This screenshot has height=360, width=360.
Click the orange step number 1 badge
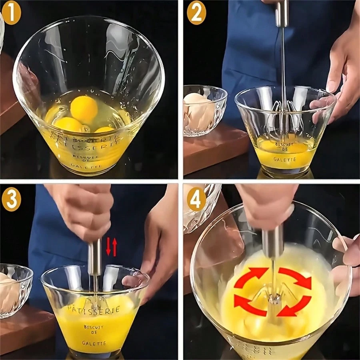pyautogui.click(x=12, y=14)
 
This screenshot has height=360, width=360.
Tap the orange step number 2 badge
pyautogui.click(x=196, y=13)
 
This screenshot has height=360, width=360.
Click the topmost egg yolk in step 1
pyautogui.click(x=84, y=109)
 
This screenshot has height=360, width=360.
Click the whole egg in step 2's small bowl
pyautogui.click(x=199, y=108)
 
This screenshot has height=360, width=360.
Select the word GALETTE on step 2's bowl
pyautogui.click(x=285, y=159)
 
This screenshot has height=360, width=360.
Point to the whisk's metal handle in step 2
pyautogui.click(x=282, y=12)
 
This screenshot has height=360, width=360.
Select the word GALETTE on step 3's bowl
pyautogui.click(x=95, y=343)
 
